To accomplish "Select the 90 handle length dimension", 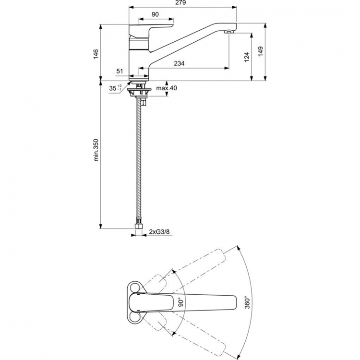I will pyautogui.click(x=155, y=14).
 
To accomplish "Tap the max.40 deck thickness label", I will pyautogui.click(x=167, y=88).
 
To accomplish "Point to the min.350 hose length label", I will pyautogui.click(x=96, y=149).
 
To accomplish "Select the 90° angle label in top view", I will pyautogui.click(x=181, y=302).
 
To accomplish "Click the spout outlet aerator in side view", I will pyautogui.click(x=229, y=32).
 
